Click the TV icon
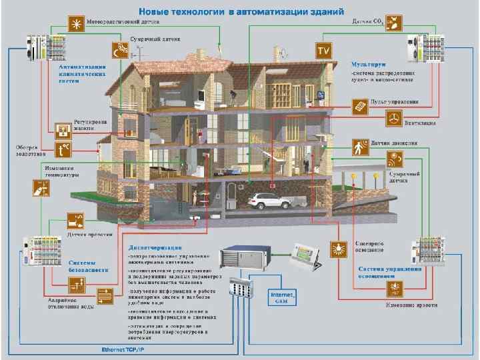tap(324, 50)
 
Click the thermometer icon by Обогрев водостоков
tap(64, 149)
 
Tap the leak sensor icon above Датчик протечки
tap(74, 219)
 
